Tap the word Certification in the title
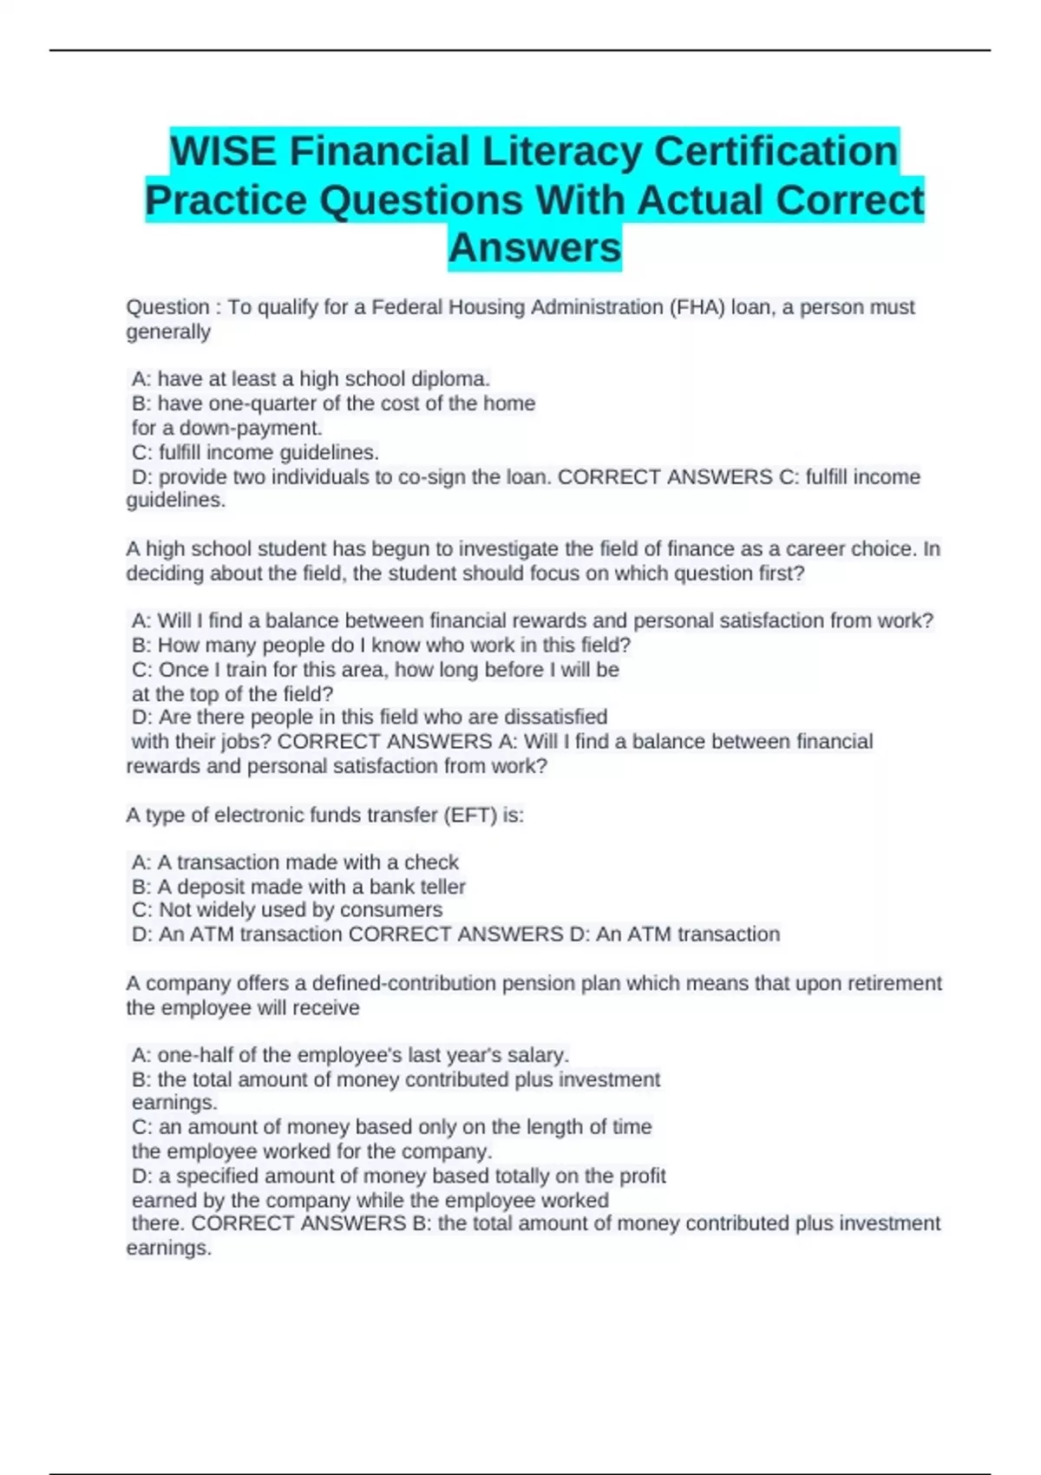click(776, 152)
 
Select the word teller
click(443, 887)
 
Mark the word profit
click(643, 1177)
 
